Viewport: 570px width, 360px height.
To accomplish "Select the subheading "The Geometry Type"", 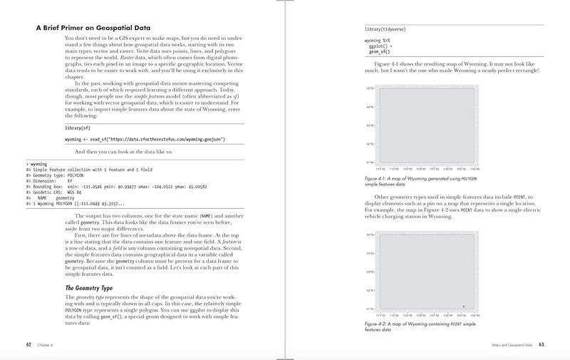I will (x=88, y=287).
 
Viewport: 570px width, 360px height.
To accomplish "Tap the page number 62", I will (x=28, y=346).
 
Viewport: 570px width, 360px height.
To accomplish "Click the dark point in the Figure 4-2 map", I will (x=464, y=306).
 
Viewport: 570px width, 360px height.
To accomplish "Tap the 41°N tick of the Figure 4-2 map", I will (x=370, y=309).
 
